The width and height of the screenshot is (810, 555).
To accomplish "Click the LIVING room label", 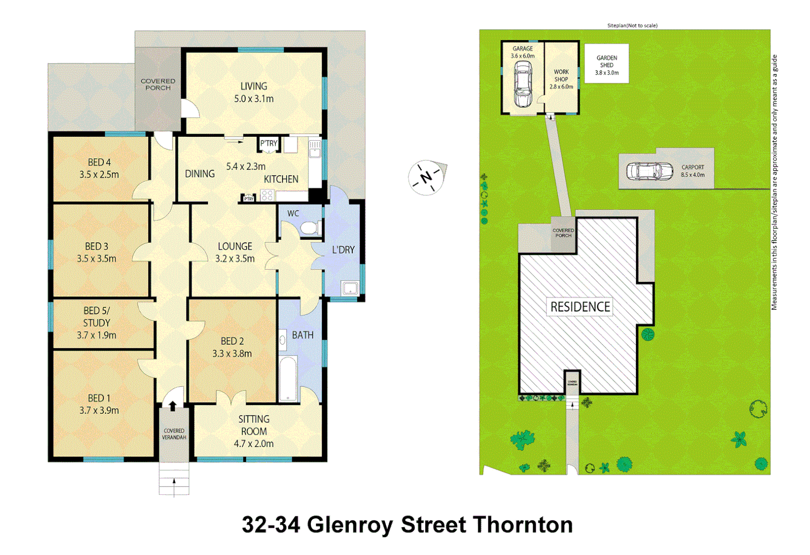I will pos(254,86).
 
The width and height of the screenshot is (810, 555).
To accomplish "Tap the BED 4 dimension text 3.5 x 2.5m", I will pos(99,175).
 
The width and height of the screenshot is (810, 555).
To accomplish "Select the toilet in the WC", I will pos(309,228).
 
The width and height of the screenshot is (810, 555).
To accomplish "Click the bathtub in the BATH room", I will pos(288,379).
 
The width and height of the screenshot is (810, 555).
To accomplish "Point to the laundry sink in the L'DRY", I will pos(350,288).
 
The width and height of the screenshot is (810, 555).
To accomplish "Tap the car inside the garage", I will pos(523,84).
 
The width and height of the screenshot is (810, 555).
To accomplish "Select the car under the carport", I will pos(650,171).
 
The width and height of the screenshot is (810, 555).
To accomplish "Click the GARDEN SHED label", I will pos(607,62).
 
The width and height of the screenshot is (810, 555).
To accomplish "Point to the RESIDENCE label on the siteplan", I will pos(580,307).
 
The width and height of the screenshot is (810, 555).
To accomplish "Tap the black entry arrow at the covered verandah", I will pos(173,406).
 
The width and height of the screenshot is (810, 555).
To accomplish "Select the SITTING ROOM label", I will pos(254,425).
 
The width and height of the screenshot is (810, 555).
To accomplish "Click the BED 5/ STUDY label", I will pos(97,317).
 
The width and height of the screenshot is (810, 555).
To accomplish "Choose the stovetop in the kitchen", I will pos(267,195).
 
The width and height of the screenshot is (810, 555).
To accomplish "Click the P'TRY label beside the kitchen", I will pos(269,143).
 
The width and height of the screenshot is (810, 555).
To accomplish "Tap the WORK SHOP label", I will pos(561,76).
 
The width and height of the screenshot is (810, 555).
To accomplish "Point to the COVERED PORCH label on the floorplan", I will pos(158,84).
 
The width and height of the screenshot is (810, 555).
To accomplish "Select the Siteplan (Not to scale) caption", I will pos(632,25).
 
